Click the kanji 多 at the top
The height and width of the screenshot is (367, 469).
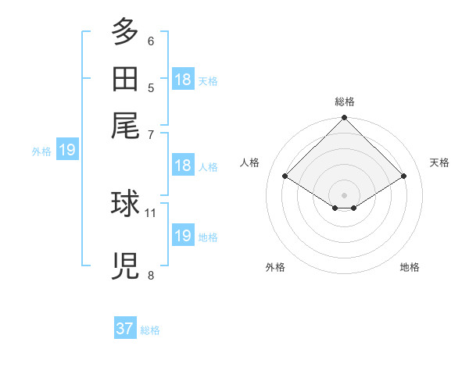pyautogui.click(x=125, y=31)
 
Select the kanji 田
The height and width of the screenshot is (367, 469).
pyautogui.click(x=125, y=79)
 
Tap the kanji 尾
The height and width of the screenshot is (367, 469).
pyautogui.click(x=125, y=126)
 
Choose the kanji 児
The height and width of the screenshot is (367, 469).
pyautogui.click(x=125, y=265)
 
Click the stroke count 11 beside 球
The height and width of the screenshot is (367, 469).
pyautogui.click(x=150, y=213)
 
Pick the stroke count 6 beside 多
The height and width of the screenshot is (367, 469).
pyautogui.click(x=151, y=41)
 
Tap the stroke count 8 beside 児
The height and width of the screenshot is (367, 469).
pyautogui.click(x=151, y=275)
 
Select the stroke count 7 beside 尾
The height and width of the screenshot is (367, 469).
pyautogui.click(x=151, y=135)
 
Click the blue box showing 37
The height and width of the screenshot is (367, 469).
pyautogui.click(x=125, y=327)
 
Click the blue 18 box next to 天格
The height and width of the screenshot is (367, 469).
pyautogui.click(x=183, y=79)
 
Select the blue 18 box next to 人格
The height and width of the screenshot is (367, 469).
pyautogui.click(x=183, y=165)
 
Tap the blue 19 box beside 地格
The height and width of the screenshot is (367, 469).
pyautogui.click(x=183, y=234)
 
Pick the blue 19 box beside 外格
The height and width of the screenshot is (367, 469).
pyautogui.click(x=67, y=149)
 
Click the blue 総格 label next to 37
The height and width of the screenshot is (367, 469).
pyautogui.click(x=150, y=330)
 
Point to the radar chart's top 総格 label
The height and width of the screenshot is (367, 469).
pyautogui.click(x=345, y=102)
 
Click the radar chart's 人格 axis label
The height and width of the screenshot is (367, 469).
pyautogui.click(x=249, y=162)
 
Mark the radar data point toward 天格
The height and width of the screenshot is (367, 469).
pyautogui.click(x=403, y=176)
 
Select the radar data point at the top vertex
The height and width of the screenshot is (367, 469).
pyautogui.click(x=344, y=117)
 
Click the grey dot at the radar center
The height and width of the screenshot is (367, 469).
pyautogui.click(x=344, y=195)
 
